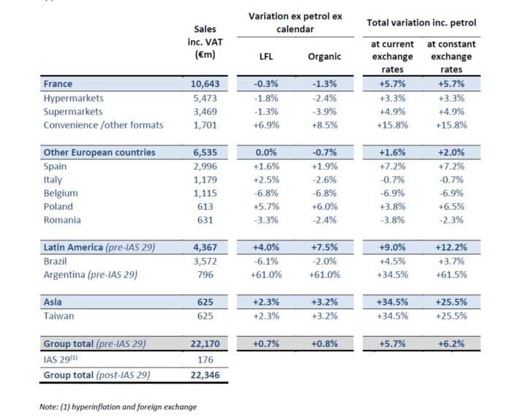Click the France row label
click(58, 84)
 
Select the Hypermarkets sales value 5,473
click(204, 97)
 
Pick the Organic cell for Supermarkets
click(323, 111)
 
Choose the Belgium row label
click(62, 193)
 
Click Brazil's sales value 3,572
click(204, 261)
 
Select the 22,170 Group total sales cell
click(203, 343)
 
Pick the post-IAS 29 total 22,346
click(203, 374)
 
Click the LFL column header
click(267, 55)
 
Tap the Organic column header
click(323, 55)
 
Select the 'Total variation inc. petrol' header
click(421, 23)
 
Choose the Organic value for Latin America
click(323, 248)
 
